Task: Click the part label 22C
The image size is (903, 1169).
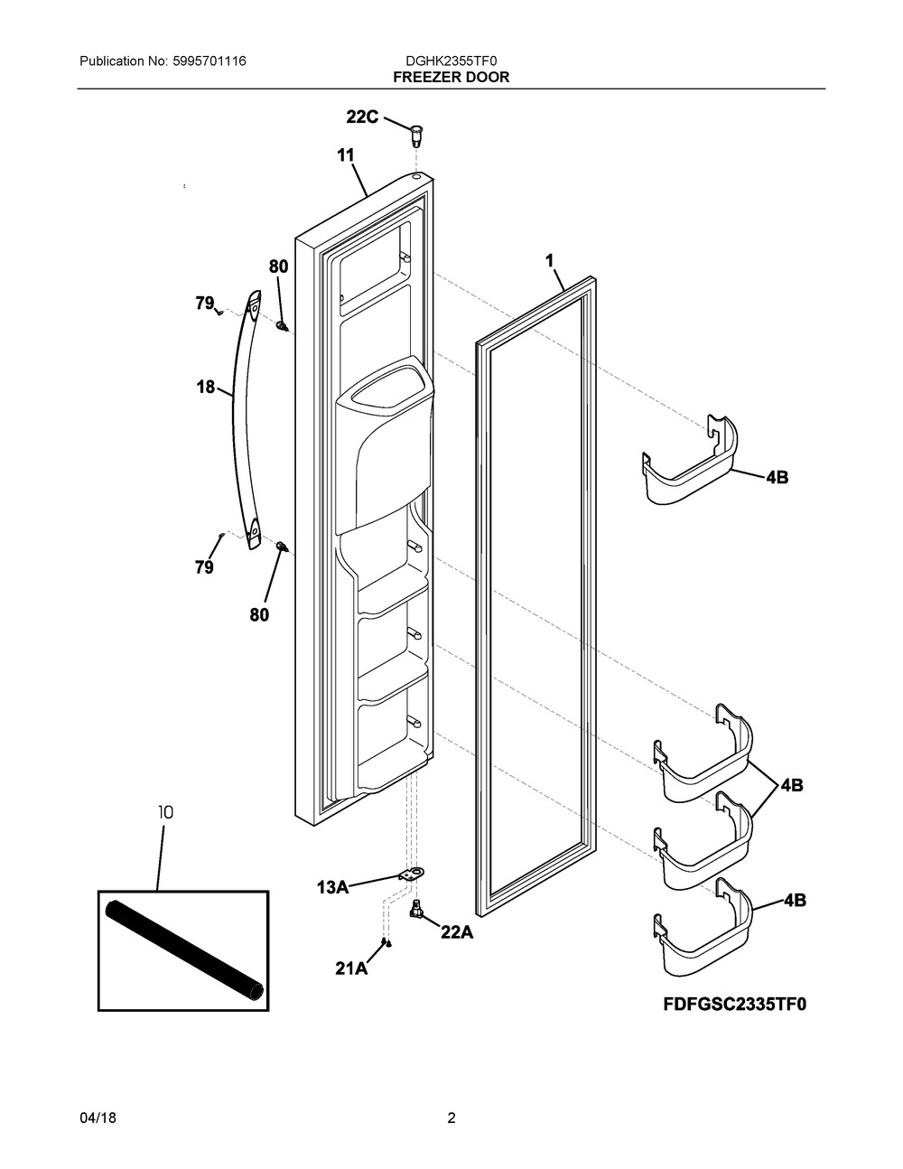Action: (362, 117)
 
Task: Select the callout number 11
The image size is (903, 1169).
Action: (346, 155)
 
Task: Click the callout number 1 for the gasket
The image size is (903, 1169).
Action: (549, 261)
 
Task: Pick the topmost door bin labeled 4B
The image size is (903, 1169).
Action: (690, 460)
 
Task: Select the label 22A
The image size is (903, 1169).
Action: (457, 932)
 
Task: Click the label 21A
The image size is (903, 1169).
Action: (351, 968)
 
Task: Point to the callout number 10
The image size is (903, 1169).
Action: (165, 812)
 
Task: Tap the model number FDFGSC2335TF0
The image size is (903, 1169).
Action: (735, 1005)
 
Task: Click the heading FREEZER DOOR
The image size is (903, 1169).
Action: (451, 78)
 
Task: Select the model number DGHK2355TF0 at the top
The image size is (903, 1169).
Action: (451, 61)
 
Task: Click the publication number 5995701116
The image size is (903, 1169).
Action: (209, 61)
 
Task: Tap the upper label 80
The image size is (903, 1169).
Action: (278, 267)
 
